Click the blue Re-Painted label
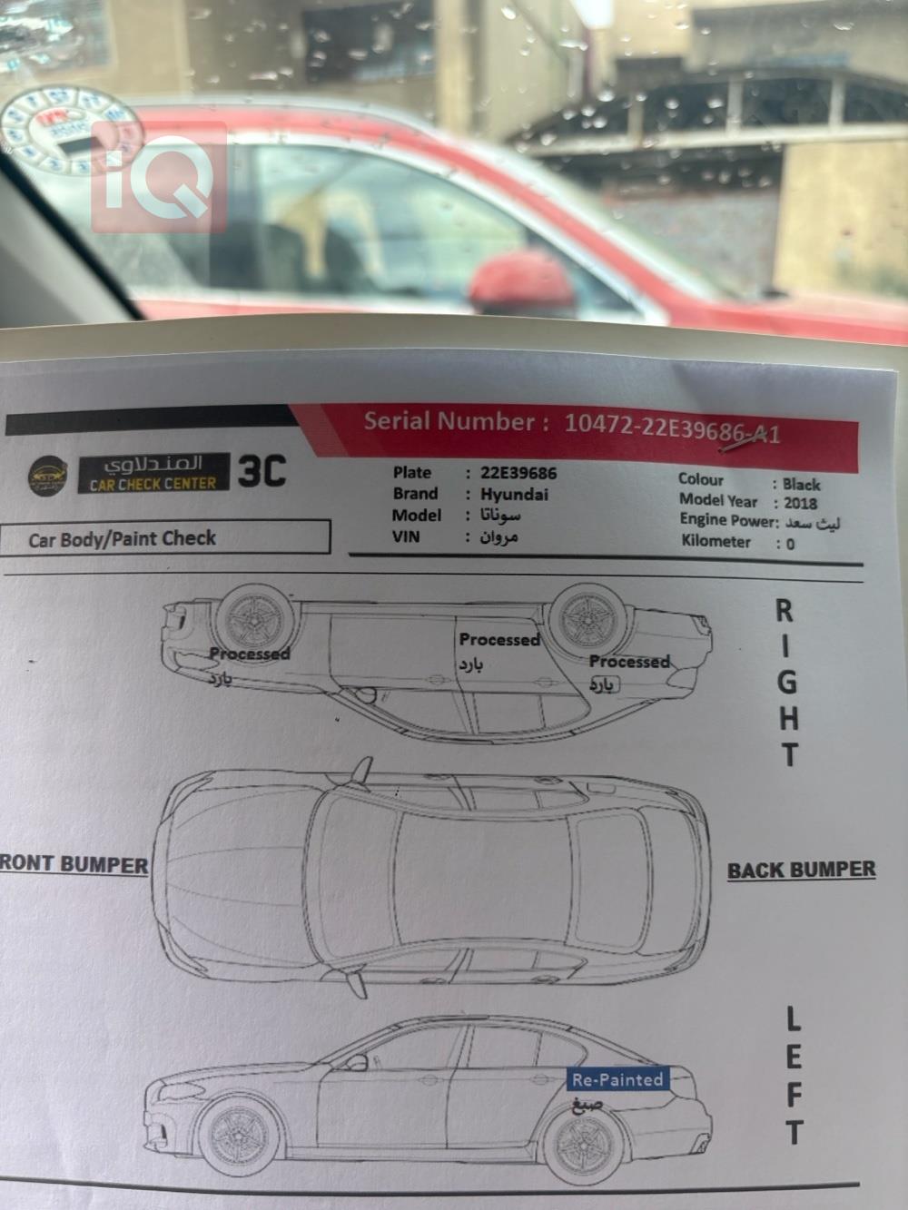pyautogui.click(x=618, y=1079)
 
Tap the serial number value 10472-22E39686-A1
pyautogui.click(x=672, y=426)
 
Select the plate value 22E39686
pyautogui.click(x=518, y=473)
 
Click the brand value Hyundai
pyautogui.click(x=514, y=495)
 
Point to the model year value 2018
pyautogui.click(x=800, y=503)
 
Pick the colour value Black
pyautogui.click(x=801, y=484)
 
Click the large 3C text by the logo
pyautogui.click(x=262, y=471)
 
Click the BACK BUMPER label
pyautogui.click(x=801, y=871)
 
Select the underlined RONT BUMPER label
pyautogui.click(x=74, y=864)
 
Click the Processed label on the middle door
pyautogui.click(x=498, y=640)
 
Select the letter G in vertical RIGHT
pyautogui.click(x=787, y=682)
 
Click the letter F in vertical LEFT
pyautogui.click(x=794, y=1095)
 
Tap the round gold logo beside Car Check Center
pyautogui.click(x=46, y=474)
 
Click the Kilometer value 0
pyautogui.click(x=790, y=544)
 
